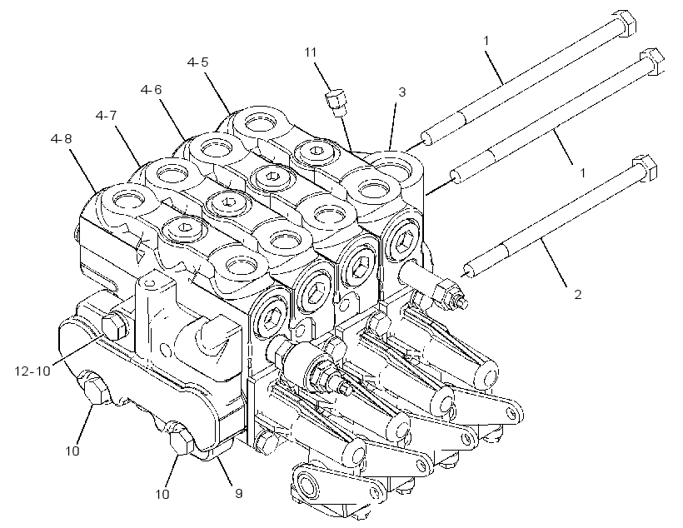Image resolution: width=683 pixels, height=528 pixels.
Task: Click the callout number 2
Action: click(x=577, y=295)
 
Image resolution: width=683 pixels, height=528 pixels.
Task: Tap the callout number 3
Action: click(x=402, y=92)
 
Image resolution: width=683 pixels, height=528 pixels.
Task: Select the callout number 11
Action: click(x=310, y=52)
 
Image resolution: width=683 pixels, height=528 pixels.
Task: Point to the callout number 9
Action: click(x=239, y=493)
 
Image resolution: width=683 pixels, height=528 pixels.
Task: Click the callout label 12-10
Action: click(x=32, y=371)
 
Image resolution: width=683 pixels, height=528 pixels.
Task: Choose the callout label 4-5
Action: click(x=197, y=62)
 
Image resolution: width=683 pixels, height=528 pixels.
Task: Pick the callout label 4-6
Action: click(x=151, y=90)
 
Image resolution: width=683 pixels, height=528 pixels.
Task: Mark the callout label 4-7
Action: click(x=107, y=116)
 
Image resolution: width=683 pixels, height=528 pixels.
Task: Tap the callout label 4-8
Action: click(x=62, y=139)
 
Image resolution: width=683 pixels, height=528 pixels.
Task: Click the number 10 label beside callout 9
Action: click(x=162, y=495)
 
